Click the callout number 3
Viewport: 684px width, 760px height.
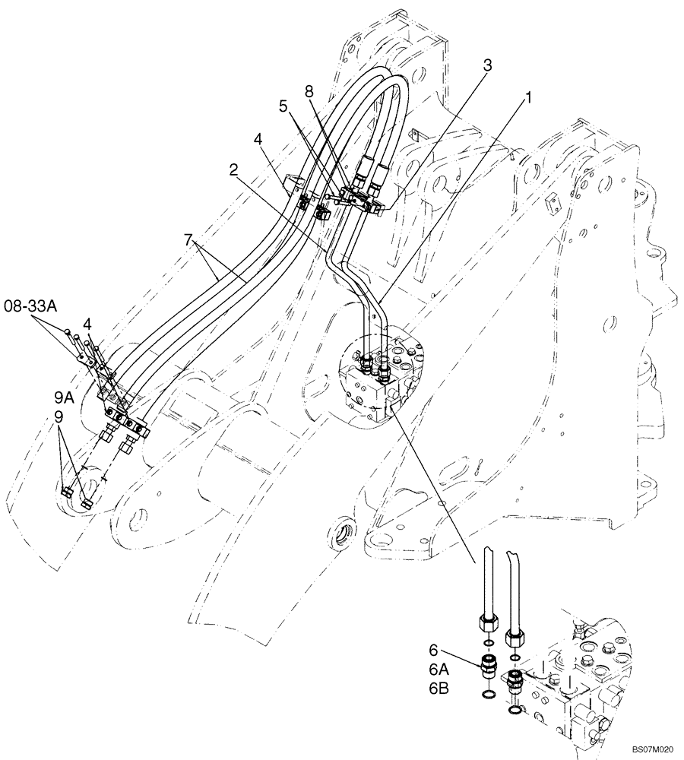487,65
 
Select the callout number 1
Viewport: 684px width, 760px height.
527,99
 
